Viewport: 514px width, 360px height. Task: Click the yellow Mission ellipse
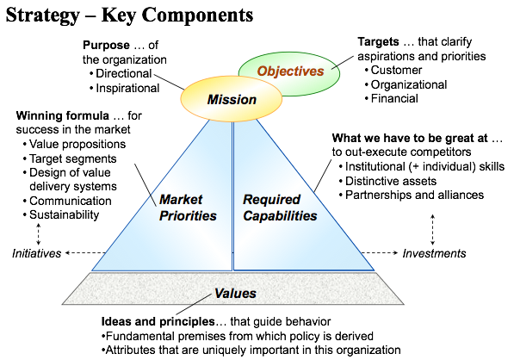pyautogui.click(x=232, y=99)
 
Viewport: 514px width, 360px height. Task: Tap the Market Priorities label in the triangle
pyautogui.click(x=188, y=208)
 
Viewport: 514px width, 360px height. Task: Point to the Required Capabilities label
pyautogui.click(x=280, y=208)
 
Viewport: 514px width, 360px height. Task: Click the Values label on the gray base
pyautogui.click(x=235, y=293)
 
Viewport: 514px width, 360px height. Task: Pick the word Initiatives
pyautogui.click(x=37, y=253)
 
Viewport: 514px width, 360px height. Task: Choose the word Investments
pyautogui.click(x=434, y=253)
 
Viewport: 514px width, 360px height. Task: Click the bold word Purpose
pyautogui.click(x=106, y=46)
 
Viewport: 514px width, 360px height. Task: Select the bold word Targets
pyautogui.click(x=378, y=41)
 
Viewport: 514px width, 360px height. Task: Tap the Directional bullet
pyautogui.click(x=121, y=73)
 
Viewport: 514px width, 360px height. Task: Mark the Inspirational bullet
pyautogui.click(x=125, y=88)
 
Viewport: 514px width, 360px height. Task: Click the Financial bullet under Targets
pyautogui.click(x=392, y=98)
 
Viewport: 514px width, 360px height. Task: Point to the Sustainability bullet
pyautogui.click(x=61, y=214)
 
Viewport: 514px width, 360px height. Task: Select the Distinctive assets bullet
pyautogui.click(x=387, y=181)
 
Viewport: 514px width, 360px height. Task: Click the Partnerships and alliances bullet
pyautogui.click(x=412, y=196)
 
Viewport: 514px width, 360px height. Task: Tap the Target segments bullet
pyautogui.click(x=70, y=158)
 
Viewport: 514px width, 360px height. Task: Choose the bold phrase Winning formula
pyautogui.click(x=63, y=115)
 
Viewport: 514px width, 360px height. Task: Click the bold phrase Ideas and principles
pyautogui.click(x=158, y=321)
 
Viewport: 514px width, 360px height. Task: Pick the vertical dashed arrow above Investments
pyautogui.click(x=433, y=230)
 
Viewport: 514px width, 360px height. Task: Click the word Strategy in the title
pyautogui.click(x=43, y=16)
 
